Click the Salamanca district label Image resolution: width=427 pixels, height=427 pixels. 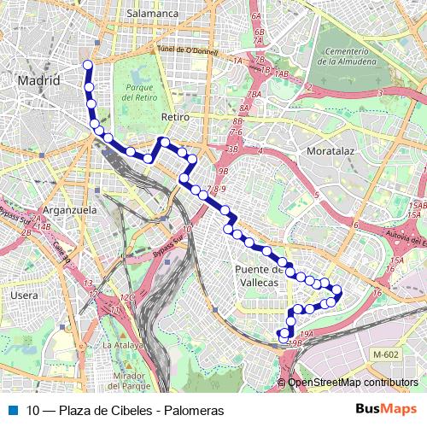pos(151,14)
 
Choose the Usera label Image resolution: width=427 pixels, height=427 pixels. pos(24,295)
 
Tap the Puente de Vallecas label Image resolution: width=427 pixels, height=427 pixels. pos(257,276)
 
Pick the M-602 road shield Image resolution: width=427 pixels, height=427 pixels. pos(385,354)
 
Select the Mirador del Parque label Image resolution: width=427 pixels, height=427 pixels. pos(131,381)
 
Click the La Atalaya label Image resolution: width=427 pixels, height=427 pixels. pos(120,345)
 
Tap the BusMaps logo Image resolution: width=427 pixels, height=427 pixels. pos(386,410)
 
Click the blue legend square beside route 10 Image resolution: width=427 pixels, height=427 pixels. pos(12,410)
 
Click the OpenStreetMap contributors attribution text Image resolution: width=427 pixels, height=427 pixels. pos(353,383)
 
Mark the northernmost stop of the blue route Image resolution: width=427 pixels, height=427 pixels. pos(87,65)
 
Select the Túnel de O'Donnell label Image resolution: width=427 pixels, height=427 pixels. pos(188,52)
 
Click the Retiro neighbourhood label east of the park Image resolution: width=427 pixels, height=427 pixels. pos(174,117)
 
